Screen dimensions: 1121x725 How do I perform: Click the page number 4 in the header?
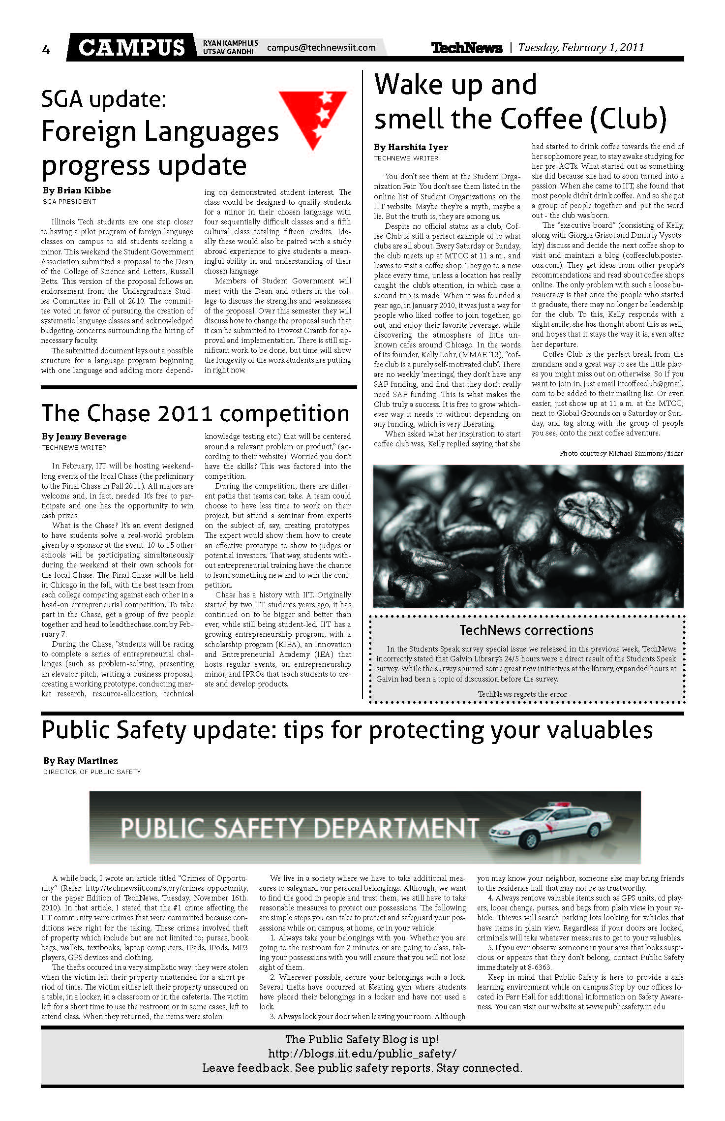coord(46,49)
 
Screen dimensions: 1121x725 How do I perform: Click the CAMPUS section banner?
coord(131,47)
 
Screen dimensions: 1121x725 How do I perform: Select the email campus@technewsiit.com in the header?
coord(321,48)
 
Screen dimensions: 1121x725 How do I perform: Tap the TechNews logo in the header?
coord(466,48)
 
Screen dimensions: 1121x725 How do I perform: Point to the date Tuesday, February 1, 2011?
coord(581,48)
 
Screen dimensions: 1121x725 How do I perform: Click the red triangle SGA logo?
coord(313,119)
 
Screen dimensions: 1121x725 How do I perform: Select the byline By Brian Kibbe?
coord(77,190)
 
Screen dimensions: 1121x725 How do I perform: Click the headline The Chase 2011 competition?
coord(195,413)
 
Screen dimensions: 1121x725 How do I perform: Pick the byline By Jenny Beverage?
coord(84,436)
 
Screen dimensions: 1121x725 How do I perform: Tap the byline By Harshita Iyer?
coord(411,147)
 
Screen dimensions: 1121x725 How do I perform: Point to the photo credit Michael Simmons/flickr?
coord(621,453)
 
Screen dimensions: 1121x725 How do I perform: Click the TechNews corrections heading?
coord(526,630)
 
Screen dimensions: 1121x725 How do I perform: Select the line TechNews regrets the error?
coord(522,694)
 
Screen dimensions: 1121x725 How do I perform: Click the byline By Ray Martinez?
coord(80,761)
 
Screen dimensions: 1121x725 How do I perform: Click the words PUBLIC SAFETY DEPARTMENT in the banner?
coord(300,828)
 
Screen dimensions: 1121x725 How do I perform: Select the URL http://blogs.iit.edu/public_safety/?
coord(362,1054)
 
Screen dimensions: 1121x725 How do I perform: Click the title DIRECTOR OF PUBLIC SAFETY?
coord(92,772)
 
